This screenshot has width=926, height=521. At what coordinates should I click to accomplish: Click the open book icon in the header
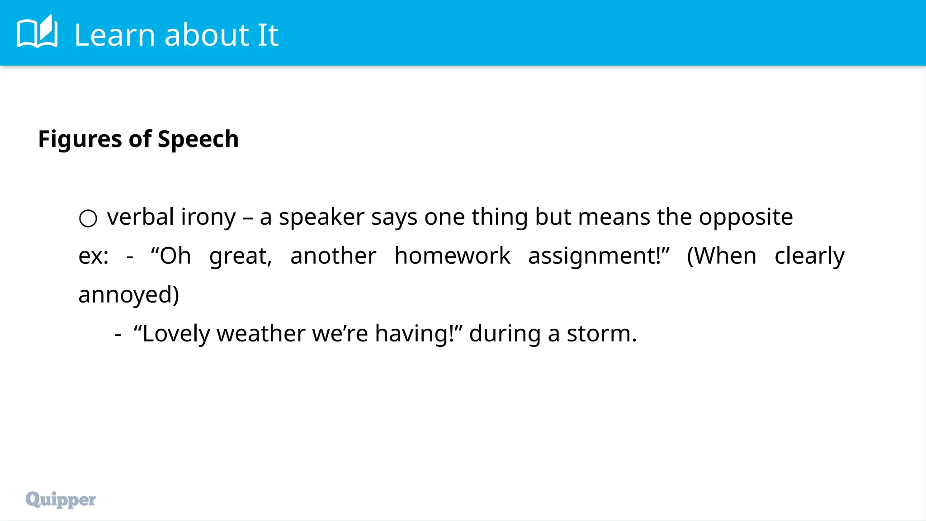[x=37, y=32]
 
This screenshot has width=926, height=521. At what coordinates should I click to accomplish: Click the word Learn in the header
[x=114, y=35]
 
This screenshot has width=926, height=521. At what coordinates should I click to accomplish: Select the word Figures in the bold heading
[x=80, y=139]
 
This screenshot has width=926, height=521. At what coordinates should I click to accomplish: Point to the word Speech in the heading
[x=198, y=139]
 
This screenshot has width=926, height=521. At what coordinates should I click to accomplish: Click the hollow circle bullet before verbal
[x=88, y=218]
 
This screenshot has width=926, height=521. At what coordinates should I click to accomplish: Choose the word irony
[x=208, y=218]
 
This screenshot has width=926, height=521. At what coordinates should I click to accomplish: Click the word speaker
[x=321, y=218]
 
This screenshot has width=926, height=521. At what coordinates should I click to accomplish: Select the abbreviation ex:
[x=93, y=256]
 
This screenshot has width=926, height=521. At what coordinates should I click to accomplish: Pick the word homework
[x=452, y=256]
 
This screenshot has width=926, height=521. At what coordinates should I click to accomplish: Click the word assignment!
[x=598, y=256]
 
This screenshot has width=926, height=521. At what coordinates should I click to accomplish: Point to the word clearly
[x=809, y=256]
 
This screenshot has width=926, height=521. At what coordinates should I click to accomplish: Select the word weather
[x=261, y=334]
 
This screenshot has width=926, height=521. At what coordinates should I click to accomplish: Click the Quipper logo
[x=61, y=499]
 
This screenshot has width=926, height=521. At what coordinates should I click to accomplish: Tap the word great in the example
[x=240, y=256]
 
